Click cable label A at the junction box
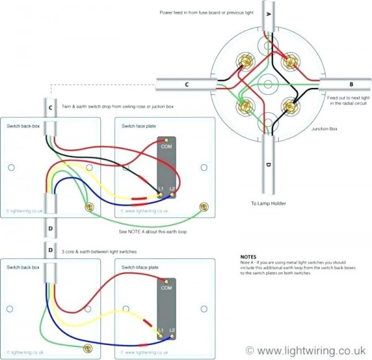(x=268, y=14)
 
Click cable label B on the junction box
(x=350, y=82)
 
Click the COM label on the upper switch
(x=166, y=147)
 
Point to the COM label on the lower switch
(x=166, y=288)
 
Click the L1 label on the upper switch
(x=161, y=188)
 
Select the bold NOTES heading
(x=248, y=255)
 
